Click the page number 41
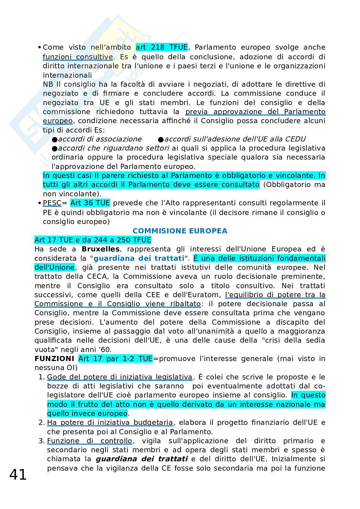click(18, 475)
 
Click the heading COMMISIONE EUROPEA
click(180, 231)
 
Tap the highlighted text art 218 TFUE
click(162, 47)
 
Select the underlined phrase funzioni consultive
click(78, 57)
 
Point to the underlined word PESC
click(52, 203)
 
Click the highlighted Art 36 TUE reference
click(90, 203)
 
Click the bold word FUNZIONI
click(55, 359)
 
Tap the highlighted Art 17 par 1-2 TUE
click(115, 359)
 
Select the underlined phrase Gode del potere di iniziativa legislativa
click(120, 377)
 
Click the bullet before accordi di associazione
click(55, 139)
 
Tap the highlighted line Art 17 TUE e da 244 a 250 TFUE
click(93, 240)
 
